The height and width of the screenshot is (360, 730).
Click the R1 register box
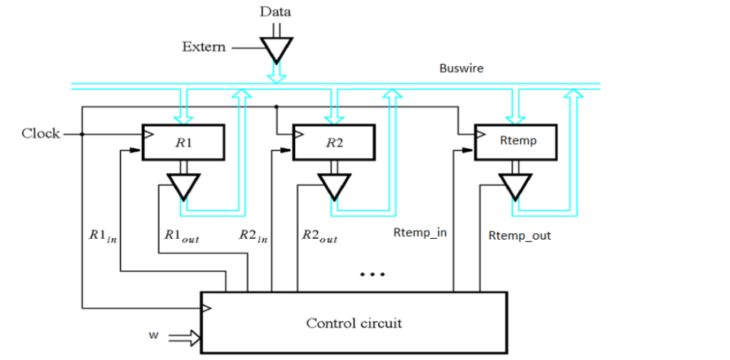[183, 141]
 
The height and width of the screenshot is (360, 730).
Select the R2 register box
[334, 141]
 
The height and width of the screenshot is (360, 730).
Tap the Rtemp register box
[517, 140]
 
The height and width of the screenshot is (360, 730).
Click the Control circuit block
[354, 323]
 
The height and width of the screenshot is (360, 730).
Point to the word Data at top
[275, 11]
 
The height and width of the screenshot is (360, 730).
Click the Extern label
[204, 47]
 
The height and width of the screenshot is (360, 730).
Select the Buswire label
[461, 68]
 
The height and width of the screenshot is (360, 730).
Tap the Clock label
[41, 133]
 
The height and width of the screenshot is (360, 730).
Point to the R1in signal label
[103, 236]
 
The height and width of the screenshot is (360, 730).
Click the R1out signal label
[181, 236]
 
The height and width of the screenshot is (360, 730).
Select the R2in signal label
[252, 236]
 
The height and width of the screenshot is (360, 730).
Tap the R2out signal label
[319, 236]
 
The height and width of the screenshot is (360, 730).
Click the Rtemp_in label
[420, 232]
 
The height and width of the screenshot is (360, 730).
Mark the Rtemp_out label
[520, 235]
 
